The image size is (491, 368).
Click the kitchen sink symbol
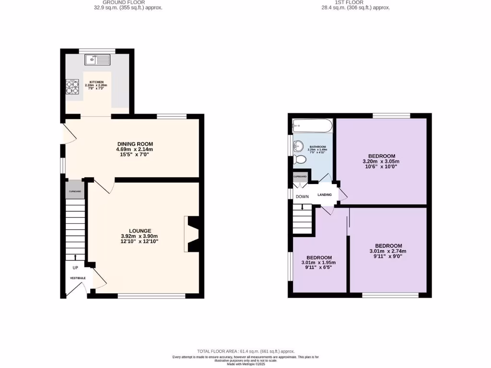tap(97, 60)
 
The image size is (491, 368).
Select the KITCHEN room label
tap(96, 82)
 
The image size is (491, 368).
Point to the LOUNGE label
tap(140, 230)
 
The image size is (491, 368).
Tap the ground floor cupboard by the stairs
tap(75, 191)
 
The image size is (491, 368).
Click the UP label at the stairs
tap(75, 267)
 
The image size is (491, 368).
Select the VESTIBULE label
tap(78, 278)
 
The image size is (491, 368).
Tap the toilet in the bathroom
tap(301, 159)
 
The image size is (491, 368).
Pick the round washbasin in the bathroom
tap(299, 146)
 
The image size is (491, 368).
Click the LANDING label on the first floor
tap(325, 195)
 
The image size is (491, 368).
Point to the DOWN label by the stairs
tap(302, 196)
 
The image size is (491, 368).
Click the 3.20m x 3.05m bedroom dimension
tap(381, 161)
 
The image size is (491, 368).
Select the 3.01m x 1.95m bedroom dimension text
tap(318, 263)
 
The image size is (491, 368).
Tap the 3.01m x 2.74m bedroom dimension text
tap(387, 251)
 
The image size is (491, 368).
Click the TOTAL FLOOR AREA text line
tap(245, 351)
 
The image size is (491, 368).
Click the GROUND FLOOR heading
tap(128, 2)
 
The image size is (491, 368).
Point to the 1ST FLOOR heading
tap(356, 2)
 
